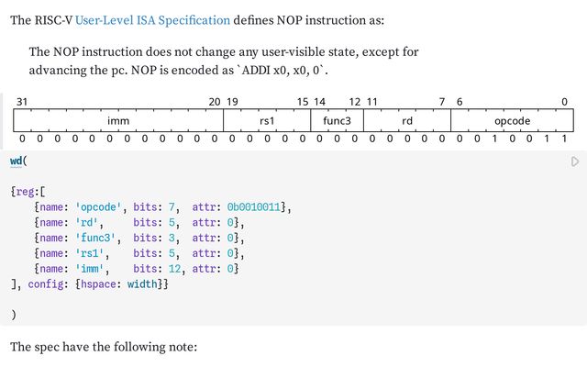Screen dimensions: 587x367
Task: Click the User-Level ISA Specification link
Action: (x=152, y=20)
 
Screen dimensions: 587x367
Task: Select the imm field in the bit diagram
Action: (x=118, y=120)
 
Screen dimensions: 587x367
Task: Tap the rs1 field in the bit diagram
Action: (x=267, y=120)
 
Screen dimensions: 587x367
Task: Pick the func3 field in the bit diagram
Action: (x=337, y=120)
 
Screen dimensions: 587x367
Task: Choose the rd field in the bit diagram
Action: (x=407, y=120)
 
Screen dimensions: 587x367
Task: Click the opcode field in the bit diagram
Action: (x=512, y=120)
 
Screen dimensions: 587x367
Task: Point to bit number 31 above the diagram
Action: (x=22, y=102)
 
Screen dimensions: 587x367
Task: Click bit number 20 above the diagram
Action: (x=215, y=102)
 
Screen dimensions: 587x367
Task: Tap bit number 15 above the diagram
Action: (x=303, y=102)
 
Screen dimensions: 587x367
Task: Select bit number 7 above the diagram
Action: (x=442, y=102)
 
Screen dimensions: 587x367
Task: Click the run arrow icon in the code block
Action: (x=575, y=161)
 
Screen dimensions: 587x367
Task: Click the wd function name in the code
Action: (x=17, y=161)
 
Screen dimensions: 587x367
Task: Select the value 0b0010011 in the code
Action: (x=254, y=207)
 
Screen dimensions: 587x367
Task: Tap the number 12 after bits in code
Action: (x=174, y=269)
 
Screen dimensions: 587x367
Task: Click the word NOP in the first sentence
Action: (x=290, y=20)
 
